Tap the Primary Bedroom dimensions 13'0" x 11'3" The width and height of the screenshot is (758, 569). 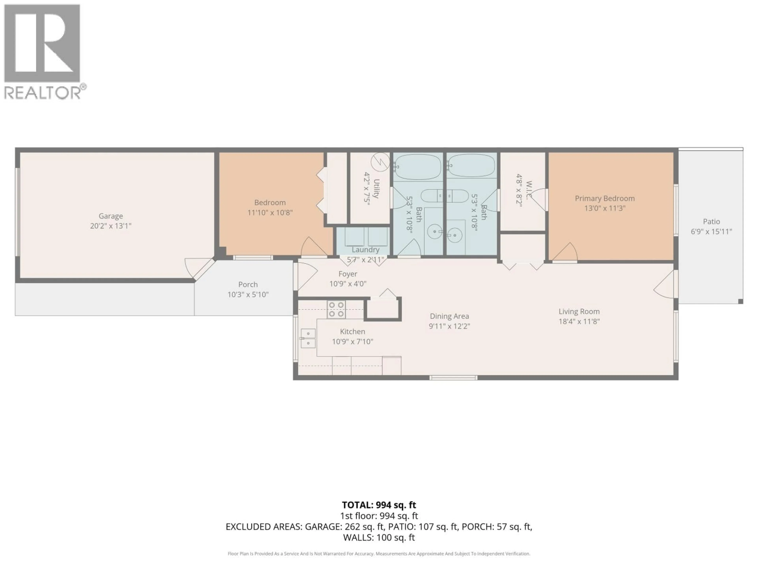click(x=605, y=208)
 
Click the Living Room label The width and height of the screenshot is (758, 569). click(x=579, y=311)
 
